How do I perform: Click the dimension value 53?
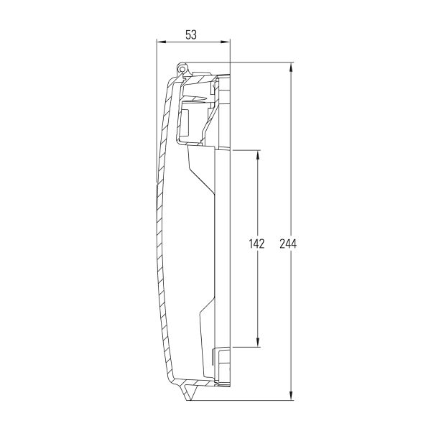[x=191, y=35]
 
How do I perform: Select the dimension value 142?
[x=256, y=244]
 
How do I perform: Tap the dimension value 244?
[x=288, y=244]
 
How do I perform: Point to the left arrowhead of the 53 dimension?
[x=162, y=42]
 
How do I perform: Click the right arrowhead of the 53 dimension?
[x=225, y=42]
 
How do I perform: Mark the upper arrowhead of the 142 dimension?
[x=258, y=155]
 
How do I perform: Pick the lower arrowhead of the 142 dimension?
[x=258, y=342]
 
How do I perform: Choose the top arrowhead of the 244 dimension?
[x=292, y=68]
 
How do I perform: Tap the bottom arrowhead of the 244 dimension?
[x=292, y=395]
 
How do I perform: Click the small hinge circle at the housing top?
[x=182, y=67]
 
